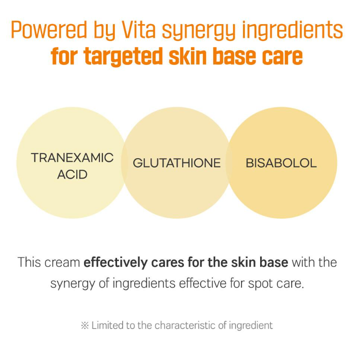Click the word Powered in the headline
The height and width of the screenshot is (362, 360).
(x=49, y=30)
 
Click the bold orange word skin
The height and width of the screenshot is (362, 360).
(x=188, y=56)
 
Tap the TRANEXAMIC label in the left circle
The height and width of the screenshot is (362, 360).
(x=72, y=158)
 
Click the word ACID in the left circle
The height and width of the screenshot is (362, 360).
(x=72, y=175)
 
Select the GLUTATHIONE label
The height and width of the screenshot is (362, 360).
(x=177, y=163)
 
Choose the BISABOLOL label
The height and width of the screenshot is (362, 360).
(x=281, y=163)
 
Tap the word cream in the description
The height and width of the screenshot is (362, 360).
(x=62, y=263)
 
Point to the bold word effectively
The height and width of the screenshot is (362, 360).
(x=116, y=263)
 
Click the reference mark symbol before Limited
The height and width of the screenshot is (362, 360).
(x=85, y=326)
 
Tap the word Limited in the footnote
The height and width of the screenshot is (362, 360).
(x=107, y=325)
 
